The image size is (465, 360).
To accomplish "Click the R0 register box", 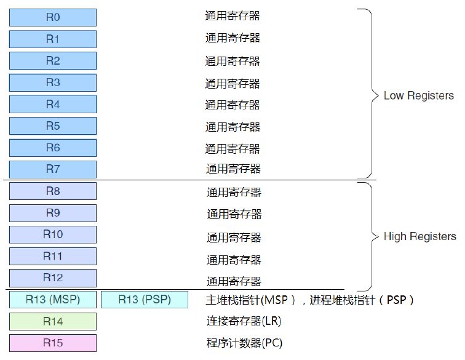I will click(x=53, y=17).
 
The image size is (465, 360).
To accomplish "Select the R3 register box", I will click(x=53, y=82).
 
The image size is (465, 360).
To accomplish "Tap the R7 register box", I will click(x=53, y=169).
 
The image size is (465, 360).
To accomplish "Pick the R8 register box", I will click(x=53, y=191).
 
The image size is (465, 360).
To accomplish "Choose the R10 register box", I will click(x=53, y=234).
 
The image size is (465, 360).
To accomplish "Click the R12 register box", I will click(x=53, y=278).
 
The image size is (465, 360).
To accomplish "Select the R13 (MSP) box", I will click(x=53, y=300).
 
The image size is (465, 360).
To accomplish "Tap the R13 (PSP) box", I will click(x=145, y=300).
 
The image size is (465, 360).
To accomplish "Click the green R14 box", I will click(x=53, y=321).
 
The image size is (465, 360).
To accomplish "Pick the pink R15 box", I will click(x=53, y=343).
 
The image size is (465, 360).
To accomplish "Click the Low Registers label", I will click(x=418, y=96).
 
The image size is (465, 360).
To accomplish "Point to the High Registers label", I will click(x=419, y=237).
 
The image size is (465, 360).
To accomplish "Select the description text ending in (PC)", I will click(x=244, y=343).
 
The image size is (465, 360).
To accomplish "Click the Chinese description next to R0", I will click(x=232, y=15).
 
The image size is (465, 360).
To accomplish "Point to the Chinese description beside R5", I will click(x=232, y=127).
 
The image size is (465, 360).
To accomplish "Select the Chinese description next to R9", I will click(x=234, y=214).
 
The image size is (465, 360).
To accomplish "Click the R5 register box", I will click(x=53, y=126).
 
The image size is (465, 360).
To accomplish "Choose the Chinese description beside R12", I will click(x=234, y=281).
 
